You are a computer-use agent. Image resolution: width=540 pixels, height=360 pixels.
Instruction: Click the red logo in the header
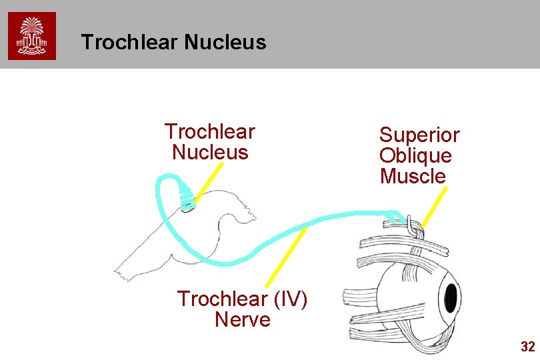32,36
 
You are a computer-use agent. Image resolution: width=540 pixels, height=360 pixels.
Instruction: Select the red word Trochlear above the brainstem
209,131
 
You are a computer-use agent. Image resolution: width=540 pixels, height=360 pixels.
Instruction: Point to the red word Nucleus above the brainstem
209,152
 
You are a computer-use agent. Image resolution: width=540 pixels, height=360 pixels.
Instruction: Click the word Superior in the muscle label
419,135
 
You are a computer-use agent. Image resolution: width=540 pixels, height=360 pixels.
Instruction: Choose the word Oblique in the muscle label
415,156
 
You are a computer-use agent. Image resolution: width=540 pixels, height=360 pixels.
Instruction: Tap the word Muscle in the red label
413,177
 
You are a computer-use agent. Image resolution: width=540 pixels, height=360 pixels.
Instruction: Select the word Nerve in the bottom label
243,320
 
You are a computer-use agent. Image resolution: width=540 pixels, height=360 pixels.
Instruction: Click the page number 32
527,347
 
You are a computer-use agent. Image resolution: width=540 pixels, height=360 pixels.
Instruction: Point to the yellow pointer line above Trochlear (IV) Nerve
286,257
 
